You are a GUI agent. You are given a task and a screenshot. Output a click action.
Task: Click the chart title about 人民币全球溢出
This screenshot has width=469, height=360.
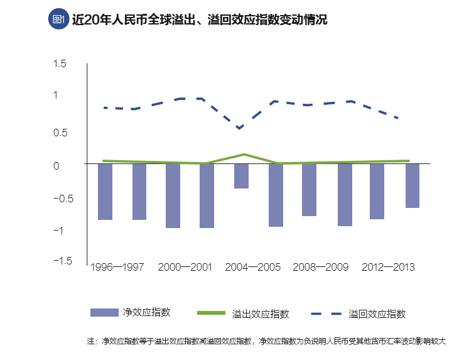pos(200,20)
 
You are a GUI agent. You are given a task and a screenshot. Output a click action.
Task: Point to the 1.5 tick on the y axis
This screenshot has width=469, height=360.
pos(60,63)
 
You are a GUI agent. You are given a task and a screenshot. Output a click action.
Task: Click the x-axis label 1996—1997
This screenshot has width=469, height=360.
pos(117,267)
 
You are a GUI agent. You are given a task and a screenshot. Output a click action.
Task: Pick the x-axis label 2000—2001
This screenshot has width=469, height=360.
pos(185,267)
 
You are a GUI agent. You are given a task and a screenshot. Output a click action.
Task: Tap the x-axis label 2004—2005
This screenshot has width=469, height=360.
pos(252,267)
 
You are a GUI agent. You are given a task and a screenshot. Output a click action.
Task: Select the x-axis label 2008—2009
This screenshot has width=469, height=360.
pos(320,267)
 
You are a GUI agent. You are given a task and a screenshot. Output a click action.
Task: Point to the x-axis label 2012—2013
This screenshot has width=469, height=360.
pos(388,267)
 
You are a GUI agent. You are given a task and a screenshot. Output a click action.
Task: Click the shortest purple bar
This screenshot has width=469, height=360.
pos(241,176)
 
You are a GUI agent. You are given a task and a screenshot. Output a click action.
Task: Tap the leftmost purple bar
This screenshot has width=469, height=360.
pos(105,192)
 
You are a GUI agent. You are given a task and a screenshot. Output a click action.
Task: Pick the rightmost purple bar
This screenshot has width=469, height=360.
pos(412,185)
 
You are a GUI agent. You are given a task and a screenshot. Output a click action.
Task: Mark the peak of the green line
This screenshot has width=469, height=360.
pos(244,154)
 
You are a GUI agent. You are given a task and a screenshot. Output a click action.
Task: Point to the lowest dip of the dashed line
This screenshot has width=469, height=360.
pos(240,129)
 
